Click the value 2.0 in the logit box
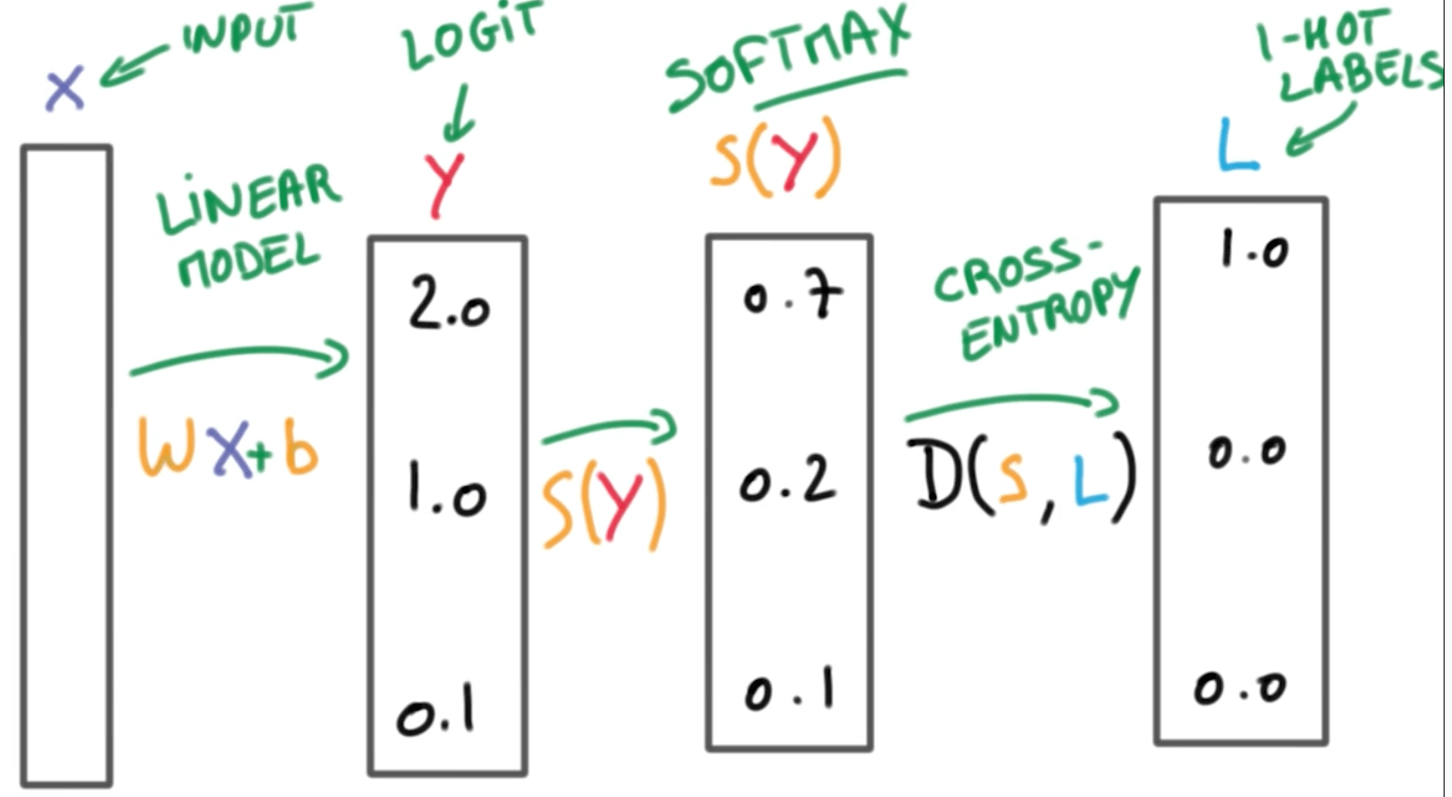tap(448, 306)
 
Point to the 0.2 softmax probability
tap(787, 481)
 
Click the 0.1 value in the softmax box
tap(788, 692)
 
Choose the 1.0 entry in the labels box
tap(1254, 249)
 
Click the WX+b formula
tap(229, 448)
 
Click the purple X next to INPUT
tap(65, 89)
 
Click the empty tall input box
tap(67, 464)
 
